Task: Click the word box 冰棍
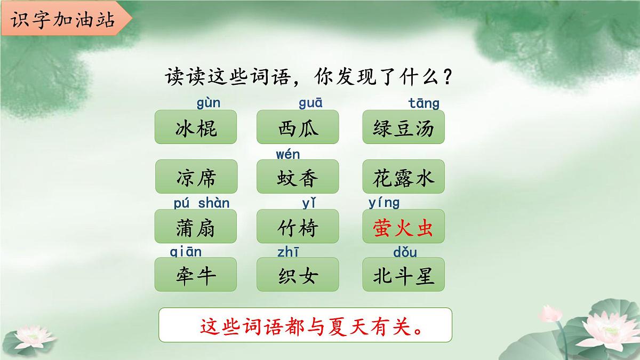point(196,127)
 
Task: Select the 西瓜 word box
point(298,127)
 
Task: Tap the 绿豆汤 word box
point(403,127)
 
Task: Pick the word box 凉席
point(196,177)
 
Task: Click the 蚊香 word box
point(298,177)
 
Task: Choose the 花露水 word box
point(403,177)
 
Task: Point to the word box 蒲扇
point(196,227)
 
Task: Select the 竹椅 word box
point(298,227)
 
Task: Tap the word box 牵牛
point(196,275)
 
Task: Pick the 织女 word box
point(298,275)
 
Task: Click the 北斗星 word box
point(403,275)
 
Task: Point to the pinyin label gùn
point(208,102)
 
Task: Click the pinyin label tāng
point(424,102)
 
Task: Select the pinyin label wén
point(288,155)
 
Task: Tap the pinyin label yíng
point(384,203)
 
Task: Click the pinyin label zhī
point(289,252)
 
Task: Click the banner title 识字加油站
point(63,20)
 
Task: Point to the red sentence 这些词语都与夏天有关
point(306,325)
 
